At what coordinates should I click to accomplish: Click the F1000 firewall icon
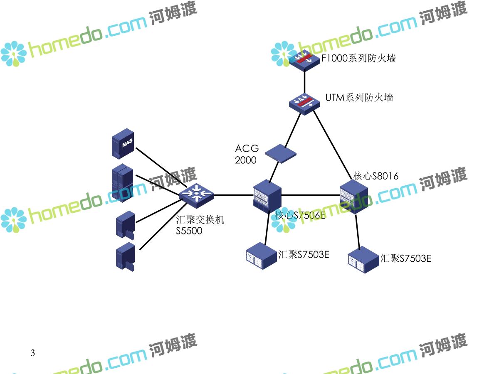pos(305,60)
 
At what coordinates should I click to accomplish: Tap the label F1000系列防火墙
pos(358,58)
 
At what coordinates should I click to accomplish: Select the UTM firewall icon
pos(305,102)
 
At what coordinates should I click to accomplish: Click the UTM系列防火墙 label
pos(359,98)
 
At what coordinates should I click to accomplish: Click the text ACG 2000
pos(247,154)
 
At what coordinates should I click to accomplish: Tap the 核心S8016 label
pos(375,176)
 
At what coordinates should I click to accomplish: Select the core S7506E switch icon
pos(267,196)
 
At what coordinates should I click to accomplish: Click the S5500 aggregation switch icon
pos(197,194)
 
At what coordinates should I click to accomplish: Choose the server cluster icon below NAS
pos(122,183)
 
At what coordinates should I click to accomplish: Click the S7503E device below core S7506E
pos(261,255)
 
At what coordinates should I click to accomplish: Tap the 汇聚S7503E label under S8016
pos(406,258)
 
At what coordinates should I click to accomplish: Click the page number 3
pos(33,353)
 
